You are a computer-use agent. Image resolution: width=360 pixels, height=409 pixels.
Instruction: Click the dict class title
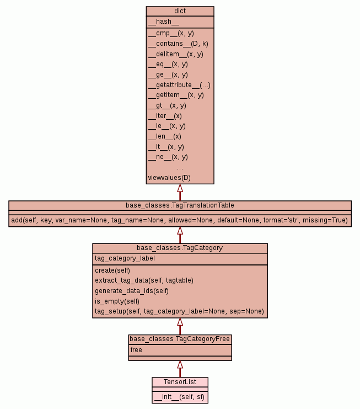click(180, 11)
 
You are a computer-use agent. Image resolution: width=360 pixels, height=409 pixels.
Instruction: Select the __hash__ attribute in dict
click(163, 22)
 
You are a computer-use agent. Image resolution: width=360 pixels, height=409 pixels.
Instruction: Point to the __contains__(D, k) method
click(178, 44)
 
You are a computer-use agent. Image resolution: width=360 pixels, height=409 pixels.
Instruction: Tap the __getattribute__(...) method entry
click(179, 85)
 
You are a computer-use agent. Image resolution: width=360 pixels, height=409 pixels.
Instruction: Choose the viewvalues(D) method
click(169, 178)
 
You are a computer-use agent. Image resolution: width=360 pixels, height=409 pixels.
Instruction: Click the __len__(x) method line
click(165, 136)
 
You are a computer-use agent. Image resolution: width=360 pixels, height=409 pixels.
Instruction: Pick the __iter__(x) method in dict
click(165, 116)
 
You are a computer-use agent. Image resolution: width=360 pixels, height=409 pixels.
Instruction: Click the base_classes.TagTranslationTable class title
click(180, 205)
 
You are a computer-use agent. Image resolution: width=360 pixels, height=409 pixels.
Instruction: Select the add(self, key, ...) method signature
click(180, 220)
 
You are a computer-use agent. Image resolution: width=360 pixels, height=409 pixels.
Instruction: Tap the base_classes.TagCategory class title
click(180, 248)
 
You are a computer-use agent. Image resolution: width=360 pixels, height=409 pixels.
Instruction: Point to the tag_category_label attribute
click(125, 258)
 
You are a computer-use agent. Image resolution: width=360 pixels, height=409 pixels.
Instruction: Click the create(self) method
click(112, 270)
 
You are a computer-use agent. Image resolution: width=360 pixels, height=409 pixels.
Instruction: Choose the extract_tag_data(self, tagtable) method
click(144, 280)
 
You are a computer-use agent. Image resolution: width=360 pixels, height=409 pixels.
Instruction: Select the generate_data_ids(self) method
click(132, 291)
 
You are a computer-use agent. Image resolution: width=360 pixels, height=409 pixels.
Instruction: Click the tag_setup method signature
click(179, 312)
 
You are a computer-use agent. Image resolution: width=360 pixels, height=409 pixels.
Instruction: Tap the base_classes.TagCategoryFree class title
click(180, 339)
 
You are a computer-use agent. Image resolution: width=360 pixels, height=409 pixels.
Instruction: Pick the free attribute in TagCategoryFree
click(136, 350)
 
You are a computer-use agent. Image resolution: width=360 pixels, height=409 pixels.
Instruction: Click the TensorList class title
click(180, 381)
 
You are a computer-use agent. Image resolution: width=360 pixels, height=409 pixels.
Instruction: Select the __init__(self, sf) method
click(180, 396)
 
